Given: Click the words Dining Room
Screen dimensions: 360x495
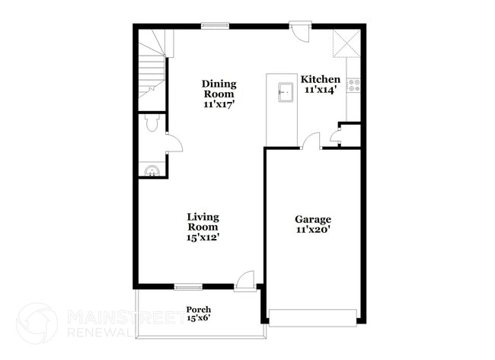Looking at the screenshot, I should click(x=219, y=88).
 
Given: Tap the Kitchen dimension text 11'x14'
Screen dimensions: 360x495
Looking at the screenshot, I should click(x=320, y=89).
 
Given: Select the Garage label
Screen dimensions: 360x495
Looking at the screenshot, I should click(x=312, y=219).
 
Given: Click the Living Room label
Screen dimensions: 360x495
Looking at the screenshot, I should click(x=203, y=221).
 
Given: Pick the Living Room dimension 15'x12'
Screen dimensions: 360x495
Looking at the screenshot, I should click(x=203, y=237).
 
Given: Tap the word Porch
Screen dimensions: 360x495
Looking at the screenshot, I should click(x=198, y=309).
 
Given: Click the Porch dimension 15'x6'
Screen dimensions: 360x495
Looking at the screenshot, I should click(x=198, y=318).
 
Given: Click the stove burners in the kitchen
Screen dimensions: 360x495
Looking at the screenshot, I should click(x=353, y=84).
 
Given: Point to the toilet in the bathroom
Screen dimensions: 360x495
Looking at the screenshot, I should click(x=151, y=124).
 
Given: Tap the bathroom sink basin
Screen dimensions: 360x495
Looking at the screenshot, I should click(x=152, y=170).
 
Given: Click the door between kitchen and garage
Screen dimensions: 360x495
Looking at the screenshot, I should click(x=311, y=141).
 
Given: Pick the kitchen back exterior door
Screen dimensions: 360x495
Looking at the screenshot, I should click(x=300, y=34).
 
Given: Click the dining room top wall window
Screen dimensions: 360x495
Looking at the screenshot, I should click(x=215, y=27).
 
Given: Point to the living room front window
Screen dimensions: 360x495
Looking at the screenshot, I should click(x=187, y=287).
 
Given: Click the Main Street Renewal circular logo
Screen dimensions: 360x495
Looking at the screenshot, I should click(x=37, y=323).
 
